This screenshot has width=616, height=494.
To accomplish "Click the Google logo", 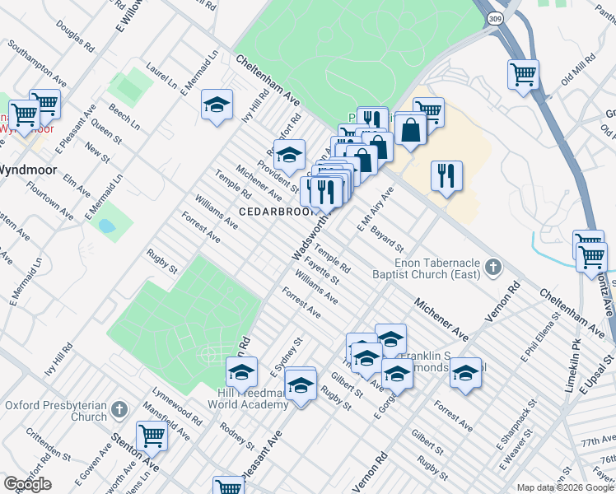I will (27, 484).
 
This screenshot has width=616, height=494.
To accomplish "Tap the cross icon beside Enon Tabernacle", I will (492, 267).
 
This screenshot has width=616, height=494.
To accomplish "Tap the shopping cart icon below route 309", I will (524, 74).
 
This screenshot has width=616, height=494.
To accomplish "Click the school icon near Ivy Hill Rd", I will (217, 105).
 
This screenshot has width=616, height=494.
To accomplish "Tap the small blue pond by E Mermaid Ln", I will (106, 225).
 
